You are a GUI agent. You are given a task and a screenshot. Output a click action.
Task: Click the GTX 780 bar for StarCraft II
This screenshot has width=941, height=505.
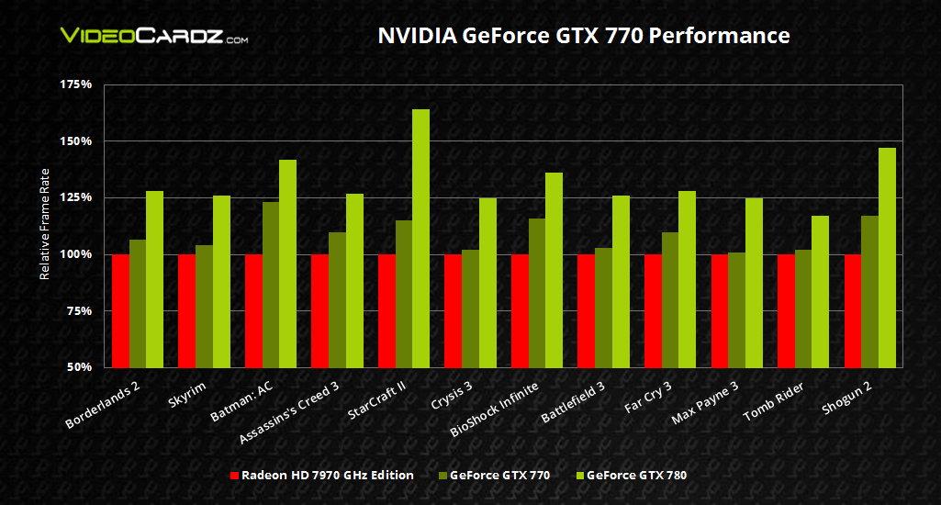[x=420, y=239]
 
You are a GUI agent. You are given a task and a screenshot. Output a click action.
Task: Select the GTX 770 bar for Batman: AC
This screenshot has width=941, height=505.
[x=271, y=285]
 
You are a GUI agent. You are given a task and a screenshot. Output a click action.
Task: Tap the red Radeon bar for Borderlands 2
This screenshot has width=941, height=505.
[x=120, y=310]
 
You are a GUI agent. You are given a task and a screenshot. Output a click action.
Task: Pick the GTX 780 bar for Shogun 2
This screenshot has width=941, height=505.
[x=887, y=257]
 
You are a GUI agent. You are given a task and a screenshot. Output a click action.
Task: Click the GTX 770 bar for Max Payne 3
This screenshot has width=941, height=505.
[x=737, y=309]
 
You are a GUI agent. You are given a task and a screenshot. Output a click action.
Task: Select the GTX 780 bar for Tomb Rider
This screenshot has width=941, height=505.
[x=820, y=291]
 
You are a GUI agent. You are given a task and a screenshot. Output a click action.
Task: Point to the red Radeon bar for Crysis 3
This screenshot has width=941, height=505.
[x=454, y=310]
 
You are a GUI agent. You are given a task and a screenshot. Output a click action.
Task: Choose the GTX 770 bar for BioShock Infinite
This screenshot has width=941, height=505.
[x=537, y=292]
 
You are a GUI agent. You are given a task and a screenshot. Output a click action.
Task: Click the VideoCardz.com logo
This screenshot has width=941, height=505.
[x=153, y=37]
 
